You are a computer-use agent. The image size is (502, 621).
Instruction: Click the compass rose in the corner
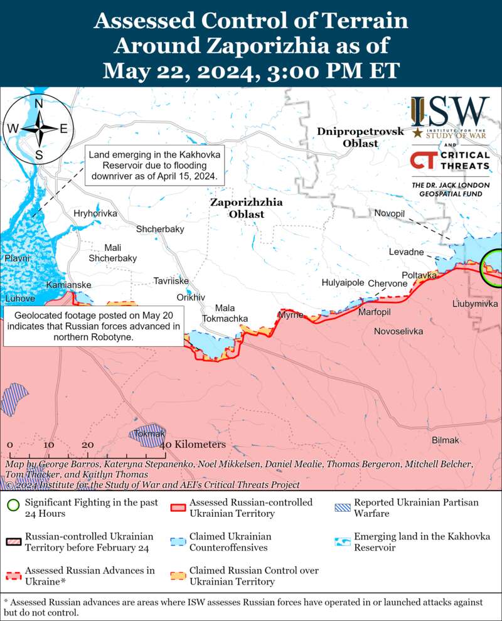click(39, 129)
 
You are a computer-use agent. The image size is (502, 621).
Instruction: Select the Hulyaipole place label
click(343, 283)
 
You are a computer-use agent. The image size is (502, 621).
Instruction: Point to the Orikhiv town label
click(191, 297)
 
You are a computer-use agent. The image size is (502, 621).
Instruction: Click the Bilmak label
click(446, 441)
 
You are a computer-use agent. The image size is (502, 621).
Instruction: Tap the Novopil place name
click(390, 214)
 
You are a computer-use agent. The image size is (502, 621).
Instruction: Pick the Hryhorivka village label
click(95, 214)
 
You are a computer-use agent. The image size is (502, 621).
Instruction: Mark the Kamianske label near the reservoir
click(69, 285)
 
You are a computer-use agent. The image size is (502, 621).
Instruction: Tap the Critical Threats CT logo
click(425, 161)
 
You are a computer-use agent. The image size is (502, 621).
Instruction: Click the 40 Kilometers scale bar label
click(195, 445)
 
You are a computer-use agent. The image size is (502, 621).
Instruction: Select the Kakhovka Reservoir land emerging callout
click(155, 166)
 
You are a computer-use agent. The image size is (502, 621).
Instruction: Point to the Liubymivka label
click(475, 304)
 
